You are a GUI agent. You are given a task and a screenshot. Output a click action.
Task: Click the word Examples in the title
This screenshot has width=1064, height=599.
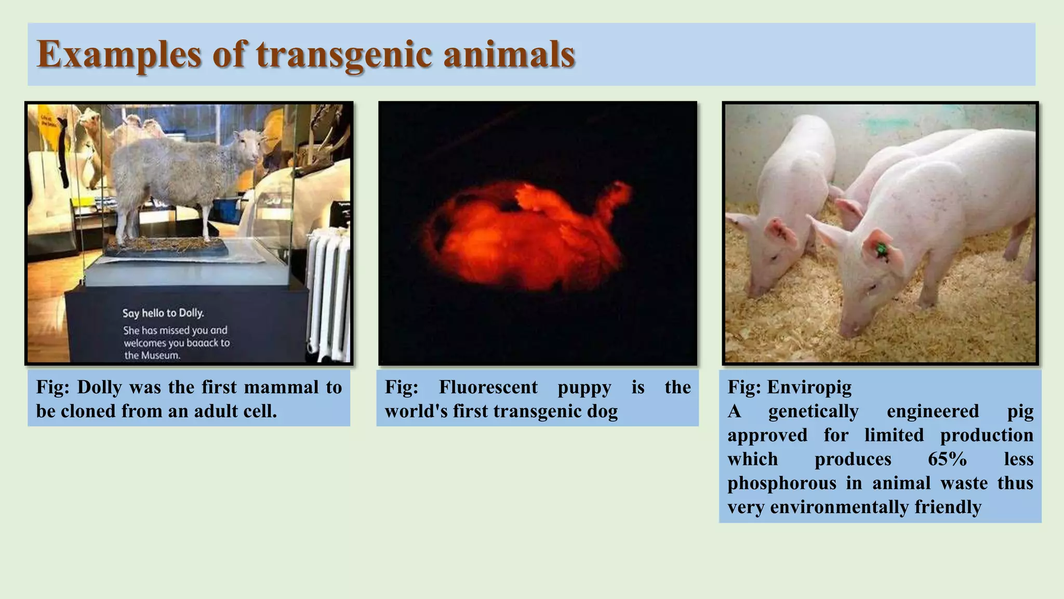119,55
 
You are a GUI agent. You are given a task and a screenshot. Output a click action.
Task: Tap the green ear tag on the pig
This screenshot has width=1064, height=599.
881,250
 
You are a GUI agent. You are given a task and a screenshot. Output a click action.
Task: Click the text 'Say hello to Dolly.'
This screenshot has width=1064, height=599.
163,313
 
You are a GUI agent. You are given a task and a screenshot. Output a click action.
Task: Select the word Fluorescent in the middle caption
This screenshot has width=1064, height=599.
488,387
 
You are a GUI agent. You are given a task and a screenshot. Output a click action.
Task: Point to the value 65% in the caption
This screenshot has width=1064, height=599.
947,459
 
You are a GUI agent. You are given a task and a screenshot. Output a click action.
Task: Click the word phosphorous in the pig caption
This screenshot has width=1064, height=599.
781,483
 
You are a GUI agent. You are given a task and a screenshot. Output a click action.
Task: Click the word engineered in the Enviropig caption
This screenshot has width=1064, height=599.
933,411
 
